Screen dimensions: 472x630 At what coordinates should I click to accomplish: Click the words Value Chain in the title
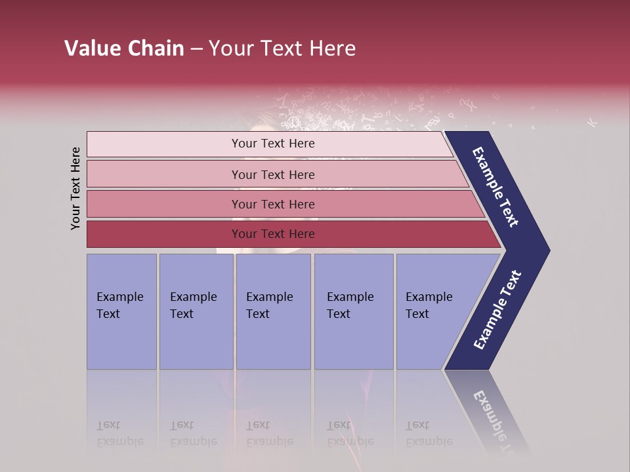124,49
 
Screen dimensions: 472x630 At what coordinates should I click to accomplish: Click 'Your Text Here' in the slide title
282,49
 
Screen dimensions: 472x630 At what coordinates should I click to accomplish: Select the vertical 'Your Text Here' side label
75,188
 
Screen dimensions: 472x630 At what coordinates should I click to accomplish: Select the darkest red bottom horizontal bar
164,234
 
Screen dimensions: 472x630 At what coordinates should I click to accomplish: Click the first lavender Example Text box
121,311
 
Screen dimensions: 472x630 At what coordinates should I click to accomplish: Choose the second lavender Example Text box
196,311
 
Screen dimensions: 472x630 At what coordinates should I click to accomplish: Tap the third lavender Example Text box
273,311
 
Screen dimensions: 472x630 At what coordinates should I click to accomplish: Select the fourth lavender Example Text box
353,311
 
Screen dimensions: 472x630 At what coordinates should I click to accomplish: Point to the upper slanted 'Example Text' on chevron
495,187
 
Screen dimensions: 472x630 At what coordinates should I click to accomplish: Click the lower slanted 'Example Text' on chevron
497,310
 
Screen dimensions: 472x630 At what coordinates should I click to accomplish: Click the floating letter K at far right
592,122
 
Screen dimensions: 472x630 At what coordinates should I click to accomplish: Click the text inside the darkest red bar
273,234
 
